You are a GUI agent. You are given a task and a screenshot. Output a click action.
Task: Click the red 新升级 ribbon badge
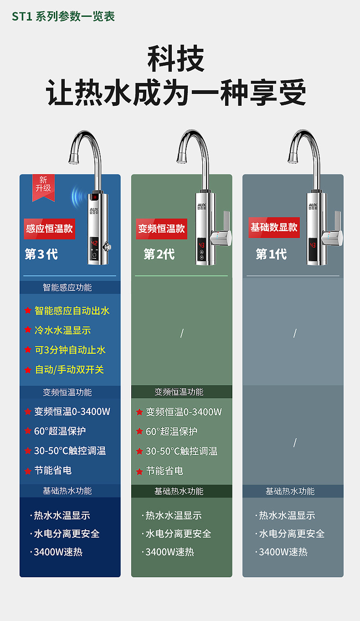pyautogui.click(x=43, y=186)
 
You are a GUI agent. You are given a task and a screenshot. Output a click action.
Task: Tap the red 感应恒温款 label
pyautogui.click(x=49, y=228)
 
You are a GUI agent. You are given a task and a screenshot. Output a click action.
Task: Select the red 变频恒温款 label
pyautogui.click(x=161, y=228)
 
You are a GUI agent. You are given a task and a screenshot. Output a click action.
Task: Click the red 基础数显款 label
pyautogui.click(x=274, y=227)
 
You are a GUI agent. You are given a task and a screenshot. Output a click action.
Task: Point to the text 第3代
pyautogui.click(x=41, y=254)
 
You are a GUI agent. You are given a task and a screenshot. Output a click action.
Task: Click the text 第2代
pyautogui.click(x=159, y=254)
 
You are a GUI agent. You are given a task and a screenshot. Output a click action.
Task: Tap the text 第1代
pyautogui.click(x=271, y=254)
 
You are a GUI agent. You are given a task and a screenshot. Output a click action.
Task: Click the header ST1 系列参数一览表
pyautogui.click(x=63, y=17)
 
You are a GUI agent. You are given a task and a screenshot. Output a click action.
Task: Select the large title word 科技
pyautogui.click(x=176, y=59)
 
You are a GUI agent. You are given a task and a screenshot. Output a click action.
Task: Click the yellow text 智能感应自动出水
pyautogui.click(x=72, y=311)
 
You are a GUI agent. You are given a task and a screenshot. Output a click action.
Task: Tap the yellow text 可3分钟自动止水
pyautogui.click(x=70, y=350)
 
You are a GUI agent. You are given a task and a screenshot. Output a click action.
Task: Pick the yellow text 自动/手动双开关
pyautogui.click(x=69, y=370)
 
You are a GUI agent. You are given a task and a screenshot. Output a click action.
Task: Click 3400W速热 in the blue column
pyautogui.click(x=58, y=552)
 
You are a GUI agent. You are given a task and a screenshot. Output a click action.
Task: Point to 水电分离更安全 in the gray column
pyautogui.click(x=292, y=534)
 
